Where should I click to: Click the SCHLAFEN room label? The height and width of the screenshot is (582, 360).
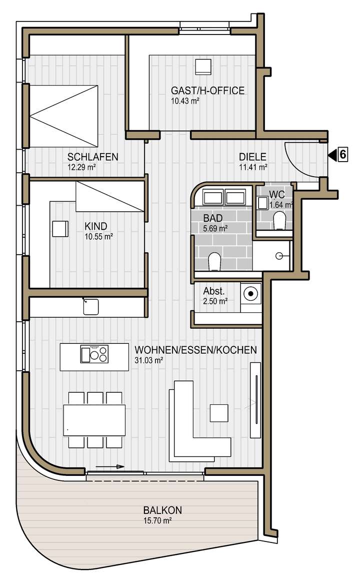[93, 157]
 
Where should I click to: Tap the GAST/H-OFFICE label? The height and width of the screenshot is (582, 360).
[207, 91]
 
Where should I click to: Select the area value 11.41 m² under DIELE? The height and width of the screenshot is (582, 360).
[253, 167]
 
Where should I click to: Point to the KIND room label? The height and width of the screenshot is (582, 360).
[96, 226]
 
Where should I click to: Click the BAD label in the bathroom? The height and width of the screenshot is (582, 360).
[212, 219]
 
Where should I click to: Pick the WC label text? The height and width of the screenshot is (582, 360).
[276, 194]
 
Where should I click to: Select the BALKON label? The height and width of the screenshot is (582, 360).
[162, 510]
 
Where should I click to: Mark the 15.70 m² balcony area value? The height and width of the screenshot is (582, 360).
[157, 520]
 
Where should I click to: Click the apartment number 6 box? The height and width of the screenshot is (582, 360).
[342, 155]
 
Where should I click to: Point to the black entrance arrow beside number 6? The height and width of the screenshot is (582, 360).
[331, 155]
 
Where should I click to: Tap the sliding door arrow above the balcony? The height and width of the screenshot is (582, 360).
[110, 466]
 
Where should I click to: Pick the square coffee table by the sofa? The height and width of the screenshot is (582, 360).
[219, 412]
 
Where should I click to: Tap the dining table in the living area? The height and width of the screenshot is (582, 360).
[94, 419]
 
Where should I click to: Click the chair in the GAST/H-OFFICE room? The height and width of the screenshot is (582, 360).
[203, 67]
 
